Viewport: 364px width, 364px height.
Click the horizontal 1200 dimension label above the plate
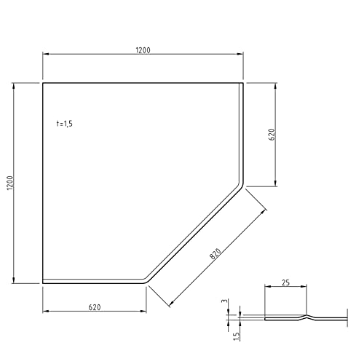click(x=143, y=50)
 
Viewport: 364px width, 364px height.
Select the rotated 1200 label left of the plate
click(x=10, y=183)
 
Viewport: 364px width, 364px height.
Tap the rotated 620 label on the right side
click(x=272, y=134)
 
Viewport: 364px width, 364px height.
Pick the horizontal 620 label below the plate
click(x=95, y=307)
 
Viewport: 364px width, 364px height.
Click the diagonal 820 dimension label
click(x=215, y=254)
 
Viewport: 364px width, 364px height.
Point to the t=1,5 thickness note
click(x=64, y=124)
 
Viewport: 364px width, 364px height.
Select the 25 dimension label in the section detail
click(x=285, y=282)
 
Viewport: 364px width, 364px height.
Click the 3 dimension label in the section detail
click(x=225, y=301)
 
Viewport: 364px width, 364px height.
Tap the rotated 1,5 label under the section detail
click(x=236, y=336)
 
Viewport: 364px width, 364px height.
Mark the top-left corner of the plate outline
click(x=43, y=83)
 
